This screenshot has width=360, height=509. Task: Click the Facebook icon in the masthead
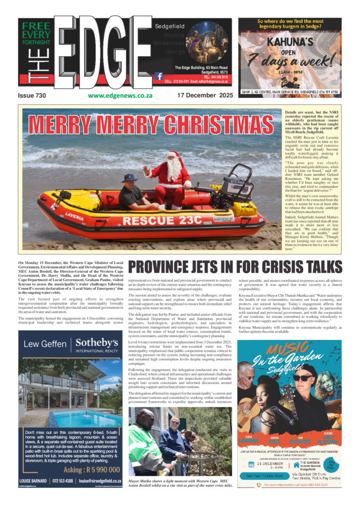[x=159, y=76]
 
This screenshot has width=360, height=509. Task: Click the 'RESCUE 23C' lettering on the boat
[x=159, y=220]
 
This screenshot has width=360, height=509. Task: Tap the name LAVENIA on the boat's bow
[x=75, y=216]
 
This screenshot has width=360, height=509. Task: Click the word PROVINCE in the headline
[x=161, y=267]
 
